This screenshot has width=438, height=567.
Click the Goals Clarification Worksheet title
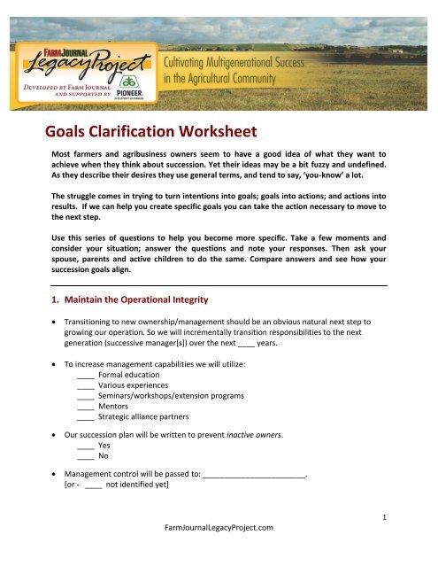[151, 133]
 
